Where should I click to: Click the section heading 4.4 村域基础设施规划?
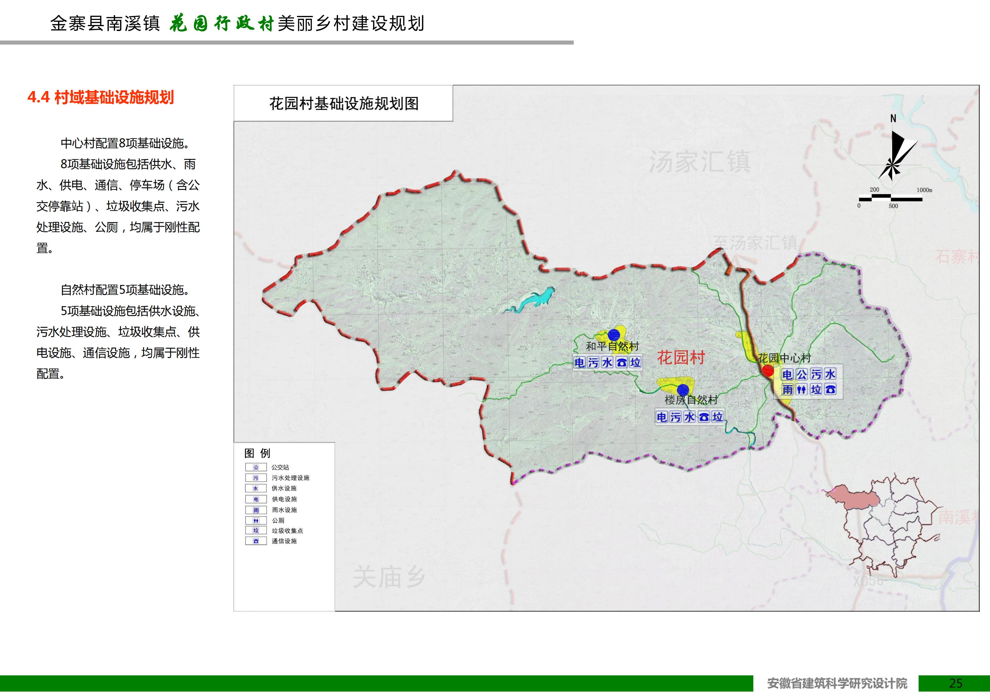coord(100,98)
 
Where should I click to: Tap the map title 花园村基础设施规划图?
coord(344,104)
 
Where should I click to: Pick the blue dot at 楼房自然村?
coord(683,389)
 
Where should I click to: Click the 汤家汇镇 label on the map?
coord(699,162)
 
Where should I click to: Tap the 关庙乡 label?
coord(389,577)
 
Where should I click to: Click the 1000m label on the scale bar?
coord(924,190)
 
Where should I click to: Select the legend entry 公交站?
coord(280,467)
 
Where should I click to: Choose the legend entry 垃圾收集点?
coord(287,530)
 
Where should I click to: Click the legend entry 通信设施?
coord(284,541)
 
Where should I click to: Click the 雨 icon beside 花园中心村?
coord(787,389)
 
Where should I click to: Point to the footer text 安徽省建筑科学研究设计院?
coord(837,683)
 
